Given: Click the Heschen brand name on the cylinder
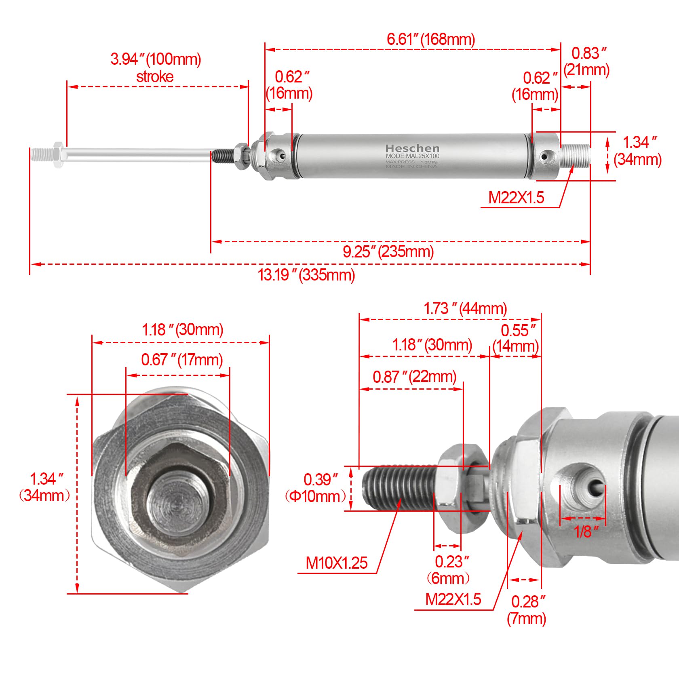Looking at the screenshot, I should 412,148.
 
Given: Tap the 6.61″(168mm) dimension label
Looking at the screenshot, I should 431,39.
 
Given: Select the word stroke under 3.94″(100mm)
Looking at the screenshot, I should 155,77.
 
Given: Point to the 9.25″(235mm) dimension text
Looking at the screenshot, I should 388,251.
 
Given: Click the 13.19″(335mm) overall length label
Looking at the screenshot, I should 306,275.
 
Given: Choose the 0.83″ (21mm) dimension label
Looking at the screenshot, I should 586,61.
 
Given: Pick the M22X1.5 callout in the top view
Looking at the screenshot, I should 516,198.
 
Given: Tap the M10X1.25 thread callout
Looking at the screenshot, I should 336,563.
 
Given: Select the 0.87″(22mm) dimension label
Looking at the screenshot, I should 414,377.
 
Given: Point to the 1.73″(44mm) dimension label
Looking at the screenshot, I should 465,308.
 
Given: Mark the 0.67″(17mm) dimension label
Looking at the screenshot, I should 182,359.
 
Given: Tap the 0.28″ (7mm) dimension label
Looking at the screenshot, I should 527,610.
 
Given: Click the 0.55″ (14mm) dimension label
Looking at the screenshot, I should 516,338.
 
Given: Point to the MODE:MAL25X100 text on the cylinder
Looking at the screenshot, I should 412,156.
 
